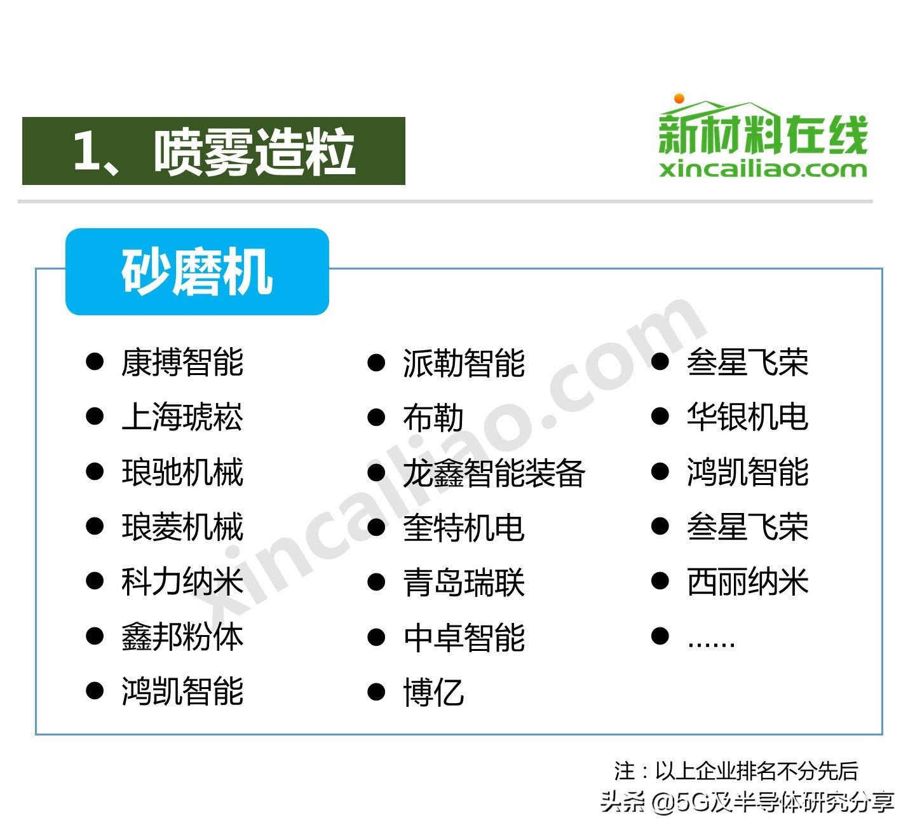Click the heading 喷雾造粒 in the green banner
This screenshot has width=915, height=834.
[254, 151]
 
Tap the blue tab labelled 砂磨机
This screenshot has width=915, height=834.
[197, 272]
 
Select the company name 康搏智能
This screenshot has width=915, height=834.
[182, 362]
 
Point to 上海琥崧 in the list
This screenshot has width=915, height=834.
[182, 418]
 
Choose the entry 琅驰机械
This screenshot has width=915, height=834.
[182, 472]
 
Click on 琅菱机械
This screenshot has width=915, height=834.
[182, 527]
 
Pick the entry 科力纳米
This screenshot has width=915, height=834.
[182, 582]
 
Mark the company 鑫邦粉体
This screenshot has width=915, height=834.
[182, 636]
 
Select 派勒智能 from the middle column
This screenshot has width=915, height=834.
[464, 363]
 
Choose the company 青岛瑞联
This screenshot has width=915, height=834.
[464, 582]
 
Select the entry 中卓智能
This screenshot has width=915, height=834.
[464, 637]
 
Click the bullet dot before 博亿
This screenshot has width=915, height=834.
[377, 692]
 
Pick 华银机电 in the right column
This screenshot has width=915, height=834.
[747, 417]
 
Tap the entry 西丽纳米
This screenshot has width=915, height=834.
[747, 582]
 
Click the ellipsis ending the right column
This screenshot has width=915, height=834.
[711, 641]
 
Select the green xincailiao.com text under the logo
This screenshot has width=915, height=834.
[762, 169]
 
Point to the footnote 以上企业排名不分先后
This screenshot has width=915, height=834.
[756, 771]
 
